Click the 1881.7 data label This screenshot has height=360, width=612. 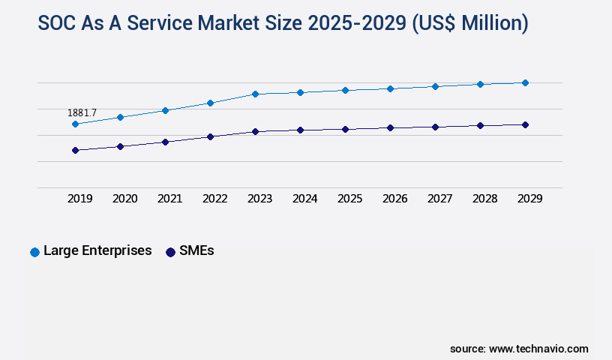[x=82, y=112]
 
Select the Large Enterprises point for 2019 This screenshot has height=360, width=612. [x=75, y=124]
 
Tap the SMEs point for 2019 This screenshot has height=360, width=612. [x=75, y=150]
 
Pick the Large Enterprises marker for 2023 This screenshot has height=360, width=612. [x=255, y=94]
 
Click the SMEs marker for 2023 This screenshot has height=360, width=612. [x=255, y=131]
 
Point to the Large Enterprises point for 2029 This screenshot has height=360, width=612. [x=525, y=82]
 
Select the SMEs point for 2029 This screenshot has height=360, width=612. [x=525, y=124]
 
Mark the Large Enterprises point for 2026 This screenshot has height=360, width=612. [x=390, y=88]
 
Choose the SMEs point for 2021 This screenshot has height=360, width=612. [x=165, y=141]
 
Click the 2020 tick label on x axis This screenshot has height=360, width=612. [x=125, y=199]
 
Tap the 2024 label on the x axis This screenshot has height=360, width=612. [x=305, y=199]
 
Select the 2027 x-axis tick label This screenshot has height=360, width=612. [x=440, y=199]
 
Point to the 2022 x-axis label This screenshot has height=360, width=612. [x=215, y=199]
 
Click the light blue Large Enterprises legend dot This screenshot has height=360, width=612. [x=34, y=252]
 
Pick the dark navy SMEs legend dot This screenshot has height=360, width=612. [x=170, y=252]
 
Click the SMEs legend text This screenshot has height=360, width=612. [x=196, y=251]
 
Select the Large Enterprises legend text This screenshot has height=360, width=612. [x=97, y=251]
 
